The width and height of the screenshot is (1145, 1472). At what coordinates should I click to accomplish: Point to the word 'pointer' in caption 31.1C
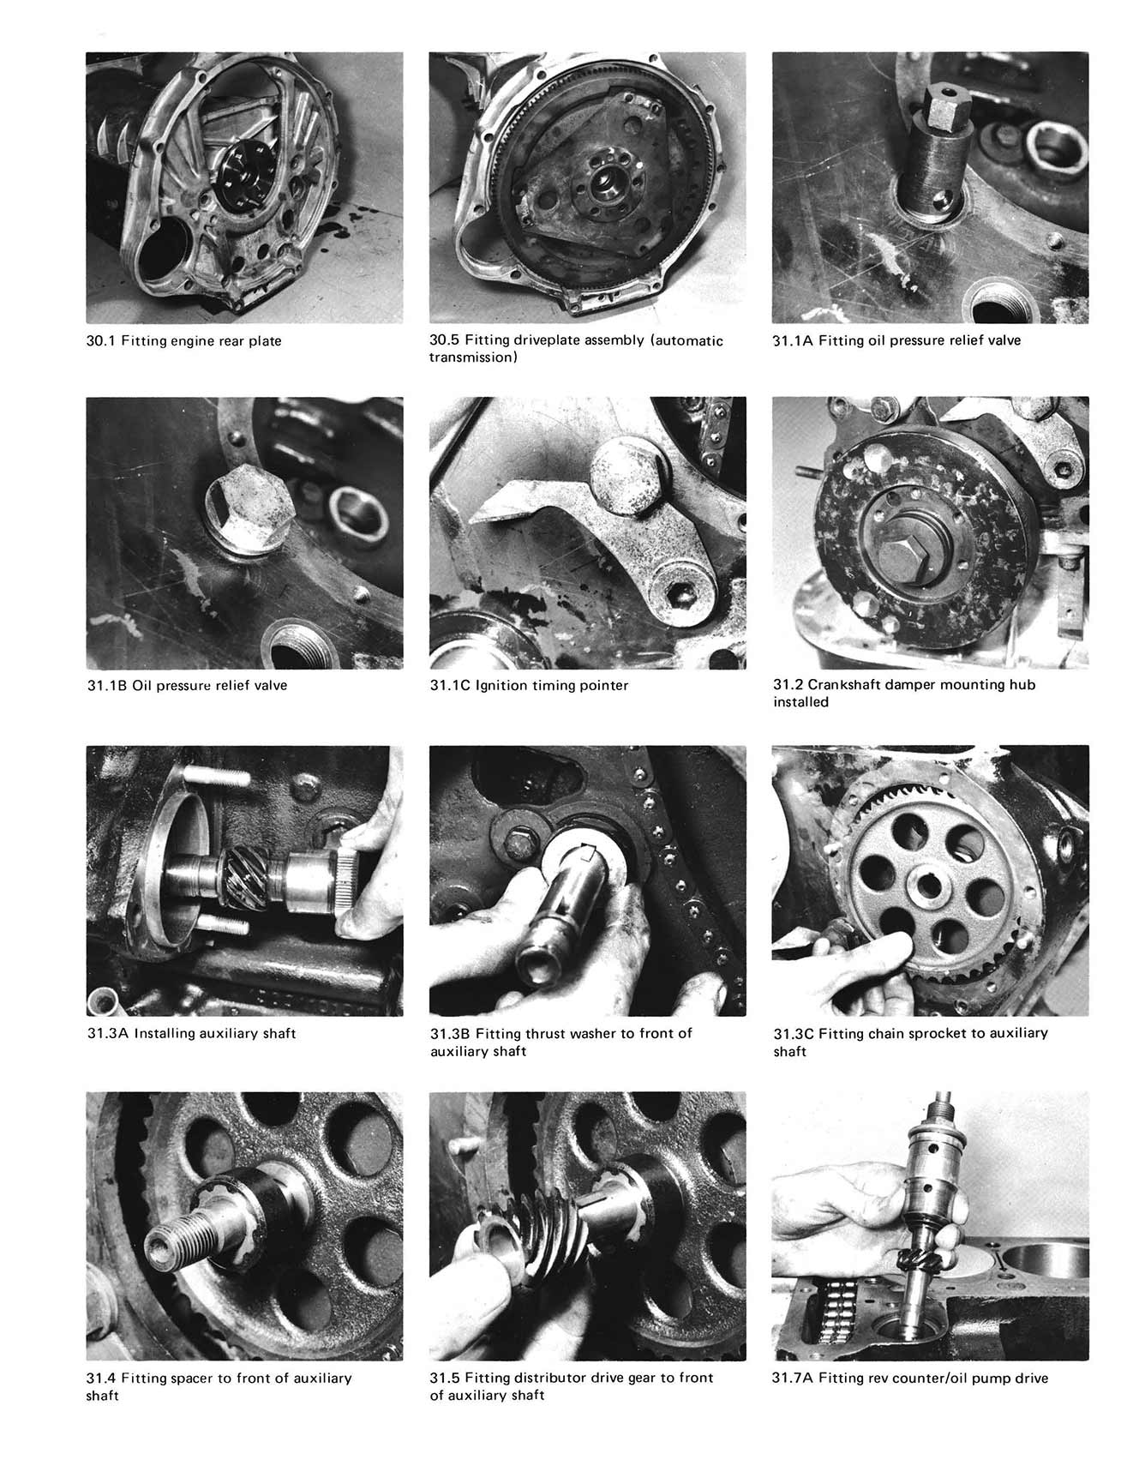tap(603, 686)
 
